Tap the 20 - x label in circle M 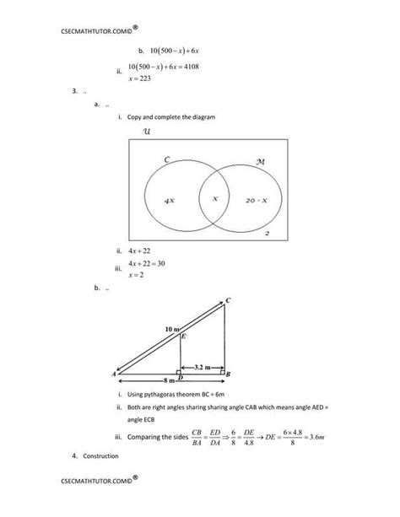257,201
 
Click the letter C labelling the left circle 167,159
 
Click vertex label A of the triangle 113,373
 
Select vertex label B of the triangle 230,373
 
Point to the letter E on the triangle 183,336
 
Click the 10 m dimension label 172,327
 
